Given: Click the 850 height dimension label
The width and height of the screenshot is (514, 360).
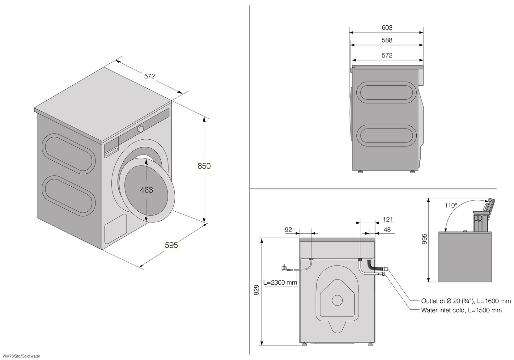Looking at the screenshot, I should point(204,166).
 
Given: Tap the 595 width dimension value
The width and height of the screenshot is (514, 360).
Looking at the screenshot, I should point(171,245).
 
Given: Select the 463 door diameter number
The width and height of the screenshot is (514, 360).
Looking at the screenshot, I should point(146,190).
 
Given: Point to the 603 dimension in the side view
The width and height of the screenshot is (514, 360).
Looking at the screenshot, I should point(387,28).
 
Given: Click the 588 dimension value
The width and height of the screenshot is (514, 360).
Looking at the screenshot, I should point(387,40).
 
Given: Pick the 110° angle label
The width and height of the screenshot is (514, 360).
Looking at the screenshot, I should point(451,206).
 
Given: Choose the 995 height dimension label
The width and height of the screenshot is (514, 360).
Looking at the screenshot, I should point(425,239).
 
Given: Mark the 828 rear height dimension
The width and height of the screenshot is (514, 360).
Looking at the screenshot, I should point(256,290).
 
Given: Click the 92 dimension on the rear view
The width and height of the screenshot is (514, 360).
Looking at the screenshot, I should point(288,230).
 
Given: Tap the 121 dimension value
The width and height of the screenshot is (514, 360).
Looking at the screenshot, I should point(388,220).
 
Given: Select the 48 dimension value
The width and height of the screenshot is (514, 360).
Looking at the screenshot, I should point(387,230).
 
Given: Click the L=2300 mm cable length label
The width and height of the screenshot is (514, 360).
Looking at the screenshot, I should point(280,283).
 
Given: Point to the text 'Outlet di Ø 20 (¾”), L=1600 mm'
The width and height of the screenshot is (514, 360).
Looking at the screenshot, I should point(466,301).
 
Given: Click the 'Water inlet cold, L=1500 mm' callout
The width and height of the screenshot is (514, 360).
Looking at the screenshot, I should point(461,310).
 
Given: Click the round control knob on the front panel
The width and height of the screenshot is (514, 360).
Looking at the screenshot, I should point(140,129).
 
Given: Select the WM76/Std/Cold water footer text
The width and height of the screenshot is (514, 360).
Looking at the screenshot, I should point(21,356).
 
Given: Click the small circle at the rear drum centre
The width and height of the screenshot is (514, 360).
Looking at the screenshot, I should point(337,300).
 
